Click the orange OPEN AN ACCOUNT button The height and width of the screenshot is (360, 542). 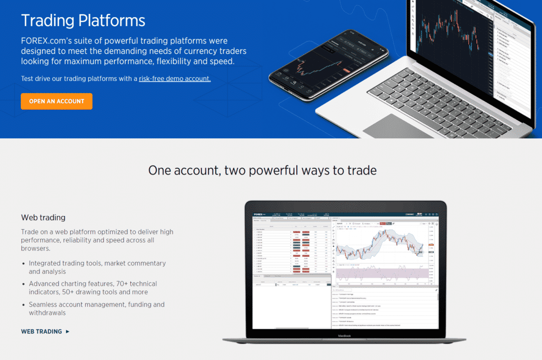[57, 101]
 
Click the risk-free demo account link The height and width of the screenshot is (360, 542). [174, 78]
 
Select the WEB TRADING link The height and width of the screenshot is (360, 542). [42, 331]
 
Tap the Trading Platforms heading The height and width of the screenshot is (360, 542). [83, 20]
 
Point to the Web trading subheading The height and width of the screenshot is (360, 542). [43, 217]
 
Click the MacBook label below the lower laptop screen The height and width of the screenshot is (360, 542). [344, 336]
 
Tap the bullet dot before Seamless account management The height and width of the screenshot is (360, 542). [24, 305]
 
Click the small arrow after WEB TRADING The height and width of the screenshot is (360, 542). [68, 331]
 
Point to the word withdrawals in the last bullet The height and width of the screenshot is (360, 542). [47, 313]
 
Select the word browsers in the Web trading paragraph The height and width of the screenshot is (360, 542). [36, 248]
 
